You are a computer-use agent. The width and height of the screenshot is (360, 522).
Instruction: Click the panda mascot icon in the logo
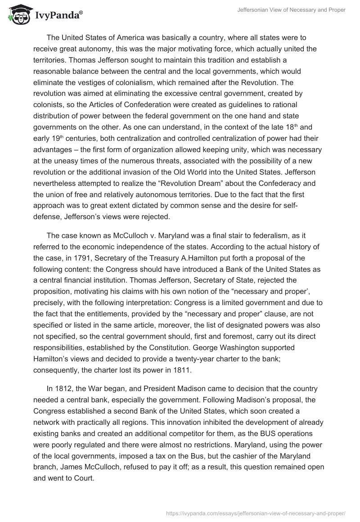pos(18,14)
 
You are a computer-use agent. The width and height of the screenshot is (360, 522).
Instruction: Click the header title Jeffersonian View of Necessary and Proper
pos(291,10)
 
